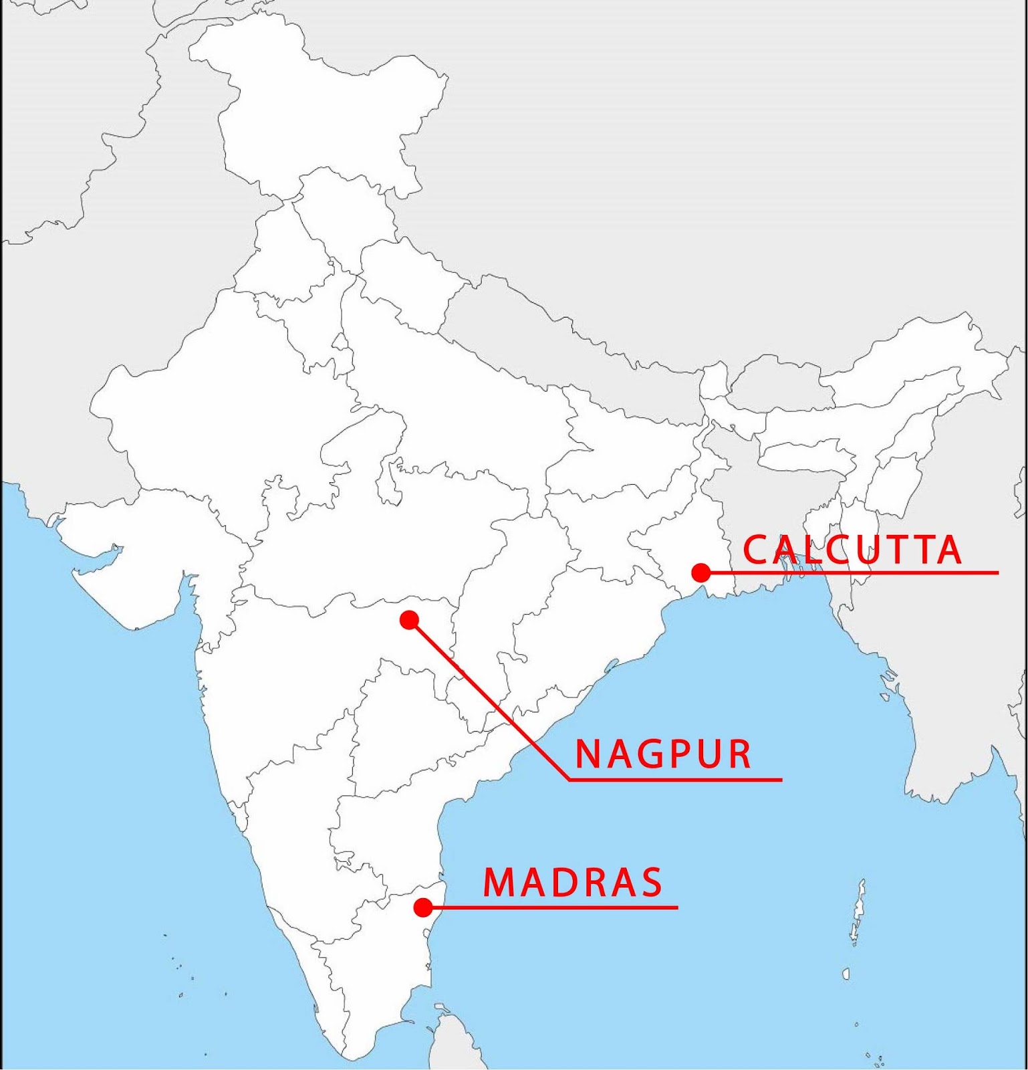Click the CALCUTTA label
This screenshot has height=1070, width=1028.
click(x=852, y=550)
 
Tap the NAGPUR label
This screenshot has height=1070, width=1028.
click(x=664, y=754)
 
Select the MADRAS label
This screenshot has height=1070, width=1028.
click(x=573, y=883)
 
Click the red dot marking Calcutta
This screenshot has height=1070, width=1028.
click(x=700, y=572)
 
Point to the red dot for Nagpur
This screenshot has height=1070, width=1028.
click(x=409, y=620)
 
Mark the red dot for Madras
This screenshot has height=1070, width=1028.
click(x=422, y=907)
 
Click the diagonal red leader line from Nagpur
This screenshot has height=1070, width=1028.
click(x=488, y=699)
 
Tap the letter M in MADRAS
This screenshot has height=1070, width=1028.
click(x=497, y=883)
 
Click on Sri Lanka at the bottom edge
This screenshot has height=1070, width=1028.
click(x=444, y=1043)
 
